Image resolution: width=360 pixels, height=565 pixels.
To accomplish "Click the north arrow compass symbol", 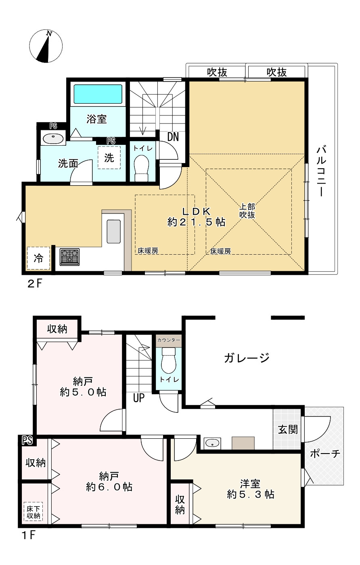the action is [x=46, y=46].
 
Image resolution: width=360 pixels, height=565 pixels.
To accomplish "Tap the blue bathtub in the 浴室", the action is [x=98, y=94].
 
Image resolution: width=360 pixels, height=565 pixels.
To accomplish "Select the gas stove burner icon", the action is [x=70, y=257].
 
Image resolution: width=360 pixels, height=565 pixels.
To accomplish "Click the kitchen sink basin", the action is [x=113, y=231].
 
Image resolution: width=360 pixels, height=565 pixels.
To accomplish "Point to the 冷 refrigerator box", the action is [x=39, y=258].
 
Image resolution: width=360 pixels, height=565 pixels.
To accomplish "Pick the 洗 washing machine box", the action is [x=109, y=158].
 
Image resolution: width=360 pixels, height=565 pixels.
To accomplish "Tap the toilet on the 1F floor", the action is [x=169, y=360].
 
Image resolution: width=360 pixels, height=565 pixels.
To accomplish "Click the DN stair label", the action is [x=173, y=137].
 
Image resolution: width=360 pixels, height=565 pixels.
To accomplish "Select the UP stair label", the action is [x=139, y=398].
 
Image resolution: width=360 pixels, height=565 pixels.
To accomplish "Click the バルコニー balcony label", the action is [x=321, y=171].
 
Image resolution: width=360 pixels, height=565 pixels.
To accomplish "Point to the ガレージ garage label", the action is [x=247, y=358].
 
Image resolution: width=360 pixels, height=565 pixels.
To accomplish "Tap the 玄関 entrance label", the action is [x=288, y=429].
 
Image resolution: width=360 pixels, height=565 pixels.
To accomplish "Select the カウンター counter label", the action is [x=169, y=340].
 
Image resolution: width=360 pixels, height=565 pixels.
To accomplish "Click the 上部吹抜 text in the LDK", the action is [x=247, y=211].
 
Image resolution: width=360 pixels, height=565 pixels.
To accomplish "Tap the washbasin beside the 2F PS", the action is [x=53, y=138].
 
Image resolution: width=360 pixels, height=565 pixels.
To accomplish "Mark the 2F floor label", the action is [x=34, y=284].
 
